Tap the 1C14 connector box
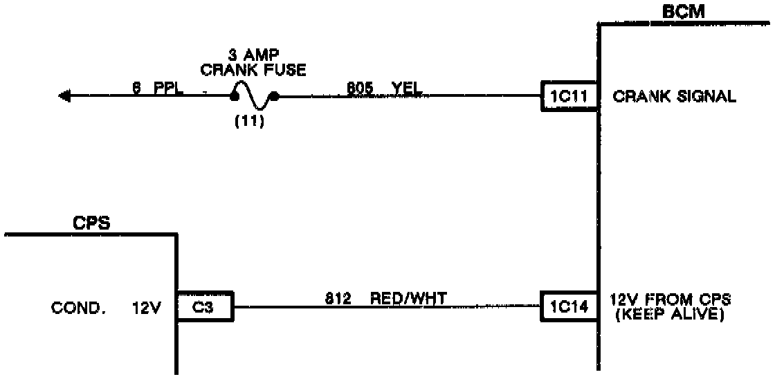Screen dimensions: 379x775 [x=568, y=305]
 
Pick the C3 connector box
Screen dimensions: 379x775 [x=205, y=305]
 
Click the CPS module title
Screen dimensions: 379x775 [x=93, y=223]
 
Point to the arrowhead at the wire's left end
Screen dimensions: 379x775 [x=66, y=97]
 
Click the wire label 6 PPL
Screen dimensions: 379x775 [x=158, y=88]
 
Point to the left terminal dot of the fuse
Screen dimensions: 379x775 [x=235, y=97]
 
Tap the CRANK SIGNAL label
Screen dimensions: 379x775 [x=675, y=98]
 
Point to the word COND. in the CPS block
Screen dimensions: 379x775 [x=78, y=309]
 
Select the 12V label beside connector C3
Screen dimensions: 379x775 [x=146, y=309]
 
